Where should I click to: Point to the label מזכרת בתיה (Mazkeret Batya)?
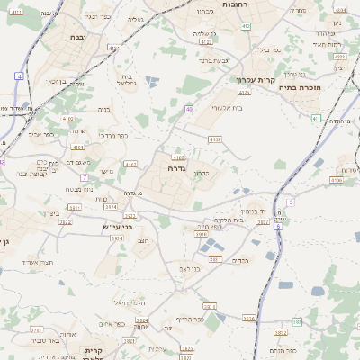301,87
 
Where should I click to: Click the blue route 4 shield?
19,76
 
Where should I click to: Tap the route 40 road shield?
189,109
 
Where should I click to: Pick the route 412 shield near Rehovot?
246,26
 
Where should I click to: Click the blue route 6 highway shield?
278,225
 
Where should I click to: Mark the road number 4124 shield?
206,41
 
